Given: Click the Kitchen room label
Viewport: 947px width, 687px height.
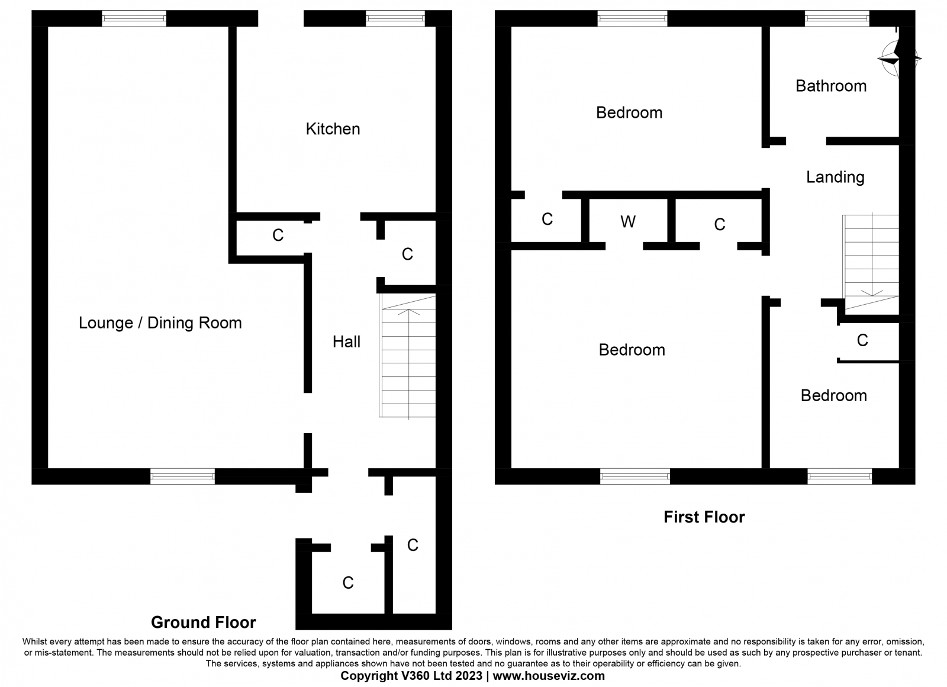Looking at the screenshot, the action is [x=333, y=129].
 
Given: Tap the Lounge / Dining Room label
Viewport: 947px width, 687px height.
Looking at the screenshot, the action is [x=160, y=323].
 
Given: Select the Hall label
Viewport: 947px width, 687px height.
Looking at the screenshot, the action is [x=346, y=341].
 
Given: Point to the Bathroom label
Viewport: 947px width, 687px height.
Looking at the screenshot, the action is [x=831, y=86].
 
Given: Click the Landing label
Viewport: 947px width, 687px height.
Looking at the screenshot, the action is [x=835, y=177].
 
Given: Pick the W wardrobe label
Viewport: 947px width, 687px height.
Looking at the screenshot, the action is [x=628, y=221].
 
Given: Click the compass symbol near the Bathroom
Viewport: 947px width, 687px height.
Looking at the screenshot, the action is [x=898, y=59].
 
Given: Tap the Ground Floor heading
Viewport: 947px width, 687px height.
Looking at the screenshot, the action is [x=204, y=623].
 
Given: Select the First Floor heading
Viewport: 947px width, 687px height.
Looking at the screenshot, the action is [x=704, y=517].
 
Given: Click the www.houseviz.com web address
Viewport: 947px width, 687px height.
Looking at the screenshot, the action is [x=549, y=676].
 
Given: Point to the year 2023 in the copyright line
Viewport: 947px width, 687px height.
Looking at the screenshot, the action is [x=468, y=676].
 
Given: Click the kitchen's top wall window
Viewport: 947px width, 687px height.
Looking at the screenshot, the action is [x=395, y=18].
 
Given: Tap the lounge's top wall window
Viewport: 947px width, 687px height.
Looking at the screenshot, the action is [x=134, y=18].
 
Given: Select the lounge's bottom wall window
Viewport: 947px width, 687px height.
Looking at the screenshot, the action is [x=183, y=476].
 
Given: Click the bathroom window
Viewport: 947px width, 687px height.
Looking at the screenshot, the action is [x=837, y=18].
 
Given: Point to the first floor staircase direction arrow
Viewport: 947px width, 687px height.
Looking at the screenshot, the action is [x=872, y=254].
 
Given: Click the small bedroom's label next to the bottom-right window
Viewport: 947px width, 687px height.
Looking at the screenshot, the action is [x=834, y=396].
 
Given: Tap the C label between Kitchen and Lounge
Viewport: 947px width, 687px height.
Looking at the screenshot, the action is [x=278, y=235].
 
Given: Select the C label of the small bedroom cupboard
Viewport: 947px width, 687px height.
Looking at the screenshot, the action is [x=862, y=340].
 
